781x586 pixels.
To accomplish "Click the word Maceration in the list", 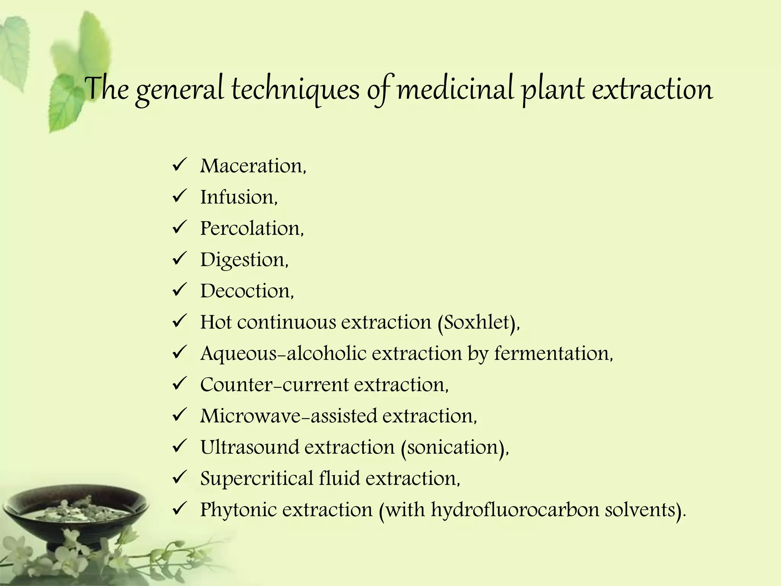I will tap(252, 166).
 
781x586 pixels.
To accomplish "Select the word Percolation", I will tap(251, 229).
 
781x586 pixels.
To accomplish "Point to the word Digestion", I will tap(243, 260).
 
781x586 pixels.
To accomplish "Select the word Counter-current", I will tap(274, 385).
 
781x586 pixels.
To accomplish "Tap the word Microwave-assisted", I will tap(288, 416).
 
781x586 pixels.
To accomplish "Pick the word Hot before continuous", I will tap(215, 322).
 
